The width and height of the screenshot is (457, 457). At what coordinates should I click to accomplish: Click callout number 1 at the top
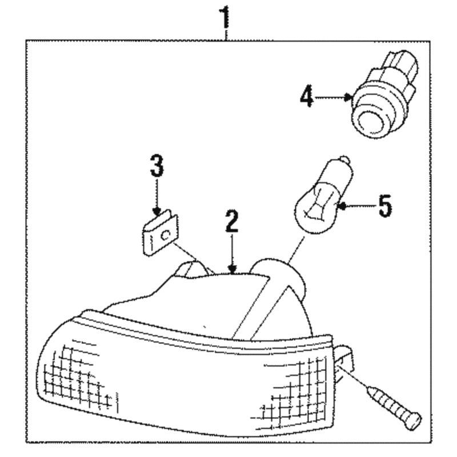tap(225, 18)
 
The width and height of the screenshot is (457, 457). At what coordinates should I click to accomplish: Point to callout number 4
tap(307, 96)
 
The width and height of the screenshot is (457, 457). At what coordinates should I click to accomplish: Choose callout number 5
tap(385, 206)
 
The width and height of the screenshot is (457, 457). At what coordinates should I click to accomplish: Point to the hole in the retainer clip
tap(166, 235)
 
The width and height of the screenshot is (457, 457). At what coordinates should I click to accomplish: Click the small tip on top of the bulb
tap(345, 160)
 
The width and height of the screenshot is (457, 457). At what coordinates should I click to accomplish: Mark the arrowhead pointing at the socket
tap(348, 97)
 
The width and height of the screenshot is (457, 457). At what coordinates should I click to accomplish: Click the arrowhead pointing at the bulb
tap(342, 206)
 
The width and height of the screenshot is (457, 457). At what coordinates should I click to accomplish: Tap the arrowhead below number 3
tap(157, 211)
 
